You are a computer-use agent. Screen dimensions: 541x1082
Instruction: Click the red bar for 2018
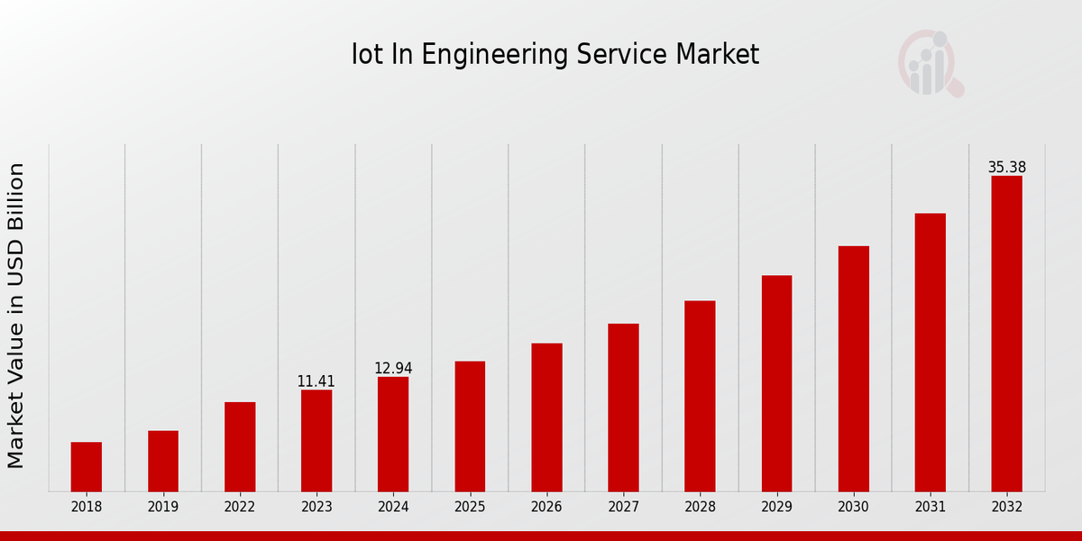(x=87, y=467)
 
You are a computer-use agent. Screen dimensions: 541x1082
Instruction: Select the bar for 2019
(x=163, y=461)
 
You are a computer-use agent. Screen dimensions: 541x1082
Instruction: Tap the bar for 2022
(x=240, y=446)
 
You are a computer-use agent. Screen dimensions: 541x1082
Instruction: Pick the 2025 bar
(x=470, y=426)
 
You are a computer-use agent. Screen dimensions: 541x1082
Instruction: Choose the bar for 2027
(x=623, y=408)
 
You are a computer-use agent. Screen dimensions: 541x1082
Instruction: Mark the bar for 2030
(x=853, y=369)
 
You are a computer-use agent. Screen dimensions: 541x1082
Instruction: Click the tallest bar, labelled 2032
(x=1006, y=334)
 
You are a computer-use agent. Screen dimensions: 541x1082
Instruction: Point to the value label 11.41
(x=316, y=381)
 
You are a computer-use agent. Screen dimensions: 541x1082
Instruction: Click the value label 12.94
(x=393, y=368)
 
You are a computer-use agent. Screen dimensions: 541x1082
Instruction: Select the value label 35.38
(x=1006, y=168)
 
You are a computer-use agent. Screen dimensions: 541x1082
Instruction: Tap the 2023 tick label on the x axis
(x=316, y=508)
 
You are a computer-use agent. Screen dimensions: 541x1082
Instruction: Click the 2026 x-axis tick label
(x=546, y=508)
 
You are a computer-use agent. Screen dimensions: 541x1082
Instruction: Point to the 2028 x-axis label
(x=700, y=508)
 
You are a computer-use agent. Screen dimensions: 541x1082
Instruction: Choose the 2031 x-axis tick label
(x=930, y=508)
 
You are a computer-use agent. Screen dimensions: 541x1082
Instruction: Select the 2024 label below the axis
(x=393, y=508)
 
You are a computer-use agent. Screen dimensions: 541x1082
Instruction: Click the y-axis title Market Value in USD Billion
(x=16, y=316)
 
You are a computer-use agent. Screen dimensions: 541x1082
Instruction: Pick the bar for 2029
(x=776, y=383)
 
